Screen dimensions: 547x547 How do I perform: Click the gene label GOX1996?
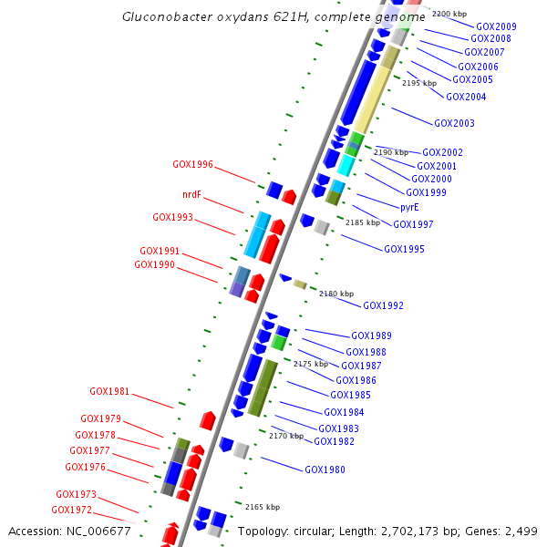(192, 165)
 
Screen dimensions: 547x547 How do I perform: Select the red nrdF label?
(191, 194)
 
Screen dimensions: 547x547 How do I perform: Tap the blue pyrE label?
(409, 207)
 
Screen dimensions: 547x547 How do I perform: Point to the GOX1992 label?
(383, 305)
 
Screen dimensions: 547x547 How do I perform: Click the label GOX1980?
(325, 470)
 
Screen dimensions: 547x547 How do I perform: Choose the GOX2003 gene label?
(454, 123)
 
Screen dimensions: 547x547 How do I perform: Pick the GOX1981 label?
(109, 392)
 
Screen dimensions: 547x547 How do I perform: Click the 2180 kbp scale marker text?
(335, 294)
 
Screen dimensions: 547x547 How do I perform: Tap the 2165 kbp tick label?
(263, 506)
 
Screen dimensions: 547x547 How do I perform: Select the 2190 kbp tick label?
(392, 152)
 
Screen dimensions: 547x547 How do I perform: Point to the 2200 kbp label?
(449, 14)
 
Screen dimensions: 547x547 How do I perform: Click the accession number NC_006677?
(100, 531)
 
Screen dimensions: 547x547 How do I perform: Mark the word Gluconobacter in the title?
(160, 17)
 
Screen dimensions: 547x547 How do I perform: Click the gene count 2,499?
(521, 531)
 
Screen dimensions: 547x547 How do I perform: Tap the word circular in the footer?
(315, 531)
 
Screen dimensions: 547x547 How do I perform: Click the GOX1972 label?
(71, 510)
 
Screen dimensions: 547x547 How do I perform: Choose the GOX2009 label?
(496, 26)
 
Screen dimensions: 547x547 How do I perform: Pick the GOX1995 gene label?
(404, 249)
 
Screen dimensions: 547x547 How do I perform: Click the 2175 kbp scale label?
(310, 364)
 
